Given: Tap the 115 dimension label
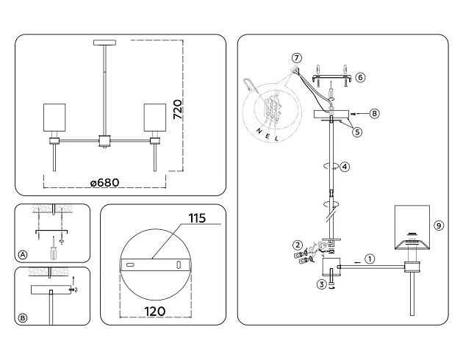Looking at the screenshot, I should pos(196,218).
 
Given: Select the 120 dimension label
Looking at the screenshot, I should pos(155,311).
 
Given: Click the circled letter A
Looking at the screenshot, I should pos(23,255).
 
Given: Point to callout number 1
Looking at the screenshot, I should pos(370,259).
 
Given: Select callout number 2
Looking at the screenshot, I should pos(298,245).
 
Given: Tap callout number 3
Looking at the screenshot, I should pos(321,284).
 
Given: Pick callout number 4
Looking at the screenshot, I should pos(345,167).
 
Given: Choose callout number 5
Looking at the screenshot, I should pos(357,132).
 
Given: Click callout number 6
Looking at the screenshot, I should pos(360,76).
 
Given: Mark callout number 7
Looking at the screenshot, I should pos(296,58).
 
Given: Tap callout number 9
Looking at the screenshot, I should pos(439,226).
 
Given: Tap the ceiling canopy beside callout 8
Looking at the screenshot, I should pos(333,115).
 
